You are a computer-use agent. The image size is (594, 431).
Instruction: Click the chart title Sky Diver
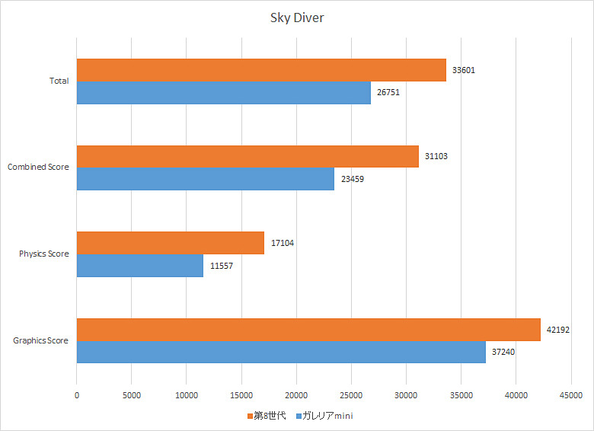click(x=297, y=18)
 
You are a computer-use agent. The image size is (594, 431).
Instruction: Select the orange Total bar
click(x=261, y=70)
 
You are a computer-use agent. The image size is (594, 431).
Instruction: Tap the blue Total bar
click(x=223, y=92)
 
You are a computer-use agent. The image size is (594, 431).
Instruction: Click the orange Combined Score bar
click(x=247, y=156)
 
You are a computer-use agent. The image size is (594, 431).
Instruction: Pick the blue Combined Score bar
click(x=205, y=178)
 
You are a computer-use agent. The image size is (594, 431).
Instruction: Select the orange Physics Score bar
click(x=170, y=243)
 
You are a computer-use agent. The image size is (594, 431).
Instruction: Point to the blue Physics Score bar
click(x=139, y=265)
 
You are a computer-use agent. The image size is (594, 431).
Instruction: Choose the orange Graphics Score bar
click(x=308, y=330)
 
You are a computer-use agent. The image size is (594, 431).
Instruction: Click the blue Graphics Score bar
click(x=281, y=351)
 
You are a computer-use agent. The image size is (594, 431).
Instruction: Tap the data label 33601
click(x=464, y=70)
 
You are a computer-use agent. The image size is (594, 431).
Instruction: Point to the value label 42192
click(x=557, y=330)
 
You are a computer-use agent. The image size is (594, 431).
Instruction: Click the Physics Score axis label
click(x=44, y=254)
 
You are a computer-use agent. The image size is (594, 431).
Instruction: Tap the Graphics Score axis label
click(x=41, y=340)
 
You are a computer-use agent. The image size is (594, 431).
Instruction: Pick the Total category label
click(x=59, y=81)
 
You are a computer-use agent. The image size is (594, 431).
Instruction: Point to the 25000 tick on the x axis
click(x=351, y=395)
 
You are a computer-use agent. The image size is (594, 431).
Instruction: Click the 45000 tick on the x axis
click(x=570, y=395)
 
